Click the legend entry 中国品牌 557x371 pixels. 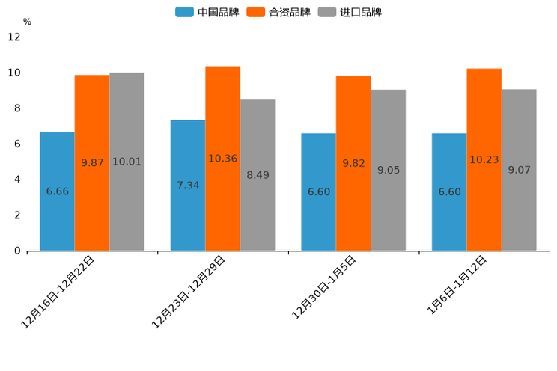pyautogui.click(x=207, y=12)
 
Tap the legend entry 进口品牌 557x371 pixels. pyautogui.click(x=350, y=12)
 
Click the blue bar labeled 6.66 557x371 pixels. pyautogui.click(x=57, y=191)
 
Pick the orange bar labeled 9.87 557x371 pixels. pyautogui.click(x=92, y=162)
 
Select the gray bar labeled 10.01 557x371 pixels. pyautogui.click(x=127, y=162)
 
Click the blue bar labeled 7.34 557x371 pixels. pyautogui.click(x=188, y=185)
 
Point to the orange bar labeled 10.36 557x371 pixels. pyautogui.click(x=222, y=159)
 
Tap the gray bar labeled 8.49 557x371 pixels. pyautogui.click(x=258, y=175)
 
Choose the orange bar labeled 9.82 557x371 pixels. pyautogui.click(x=353, y=163)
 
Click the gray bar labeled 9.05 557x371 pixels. pyautogui.click(x=388, y=170)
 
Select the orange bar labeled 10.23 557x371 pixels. pyautogui.click(x=484, y=159)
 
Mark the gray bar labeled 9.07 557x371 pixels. pyautogui.click(x=519, y=170)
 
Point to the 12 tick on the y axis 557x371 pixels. pyautogui.click(x=14, y=37)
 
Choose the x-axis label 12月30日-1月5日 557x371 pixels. pyautogui.click(x=324, y=288)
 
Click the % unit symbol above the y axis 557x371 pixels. pyautogui.click(x=27, y=22)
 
